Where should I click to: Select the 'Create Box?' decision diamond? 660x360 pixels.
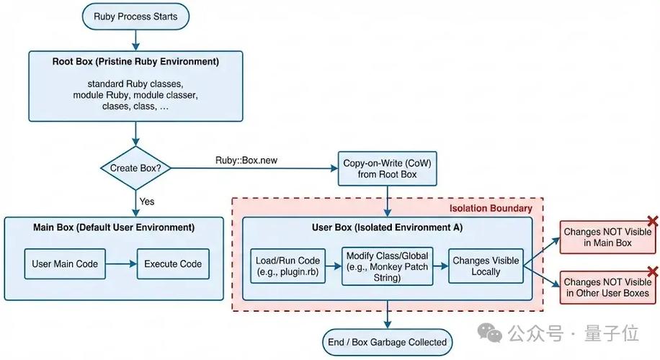pos(135,168)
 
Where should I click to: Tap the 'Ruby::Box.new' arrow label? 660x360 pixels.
pos(246,160)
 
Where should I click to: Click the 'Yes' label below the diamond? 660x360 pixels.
pos(146,202)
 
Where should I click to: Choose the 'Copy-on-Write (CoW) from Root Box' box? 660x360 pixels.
pos(387,168)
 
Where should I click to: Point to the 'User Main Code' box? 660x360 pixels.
pos(64,264)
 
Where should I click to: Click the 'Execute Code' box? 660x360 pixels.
pos(173,264)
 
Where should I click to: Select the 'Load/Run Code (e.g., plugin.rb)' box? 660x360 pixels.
pos(288,266)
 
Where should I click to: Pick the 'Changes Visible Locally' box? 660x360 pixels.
pos(485,266)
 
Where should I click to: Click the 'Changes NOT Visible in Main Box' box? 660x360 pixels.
pos(607,238)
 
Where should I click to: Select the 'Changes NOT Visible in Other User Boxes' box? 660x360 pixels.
pos(607,287)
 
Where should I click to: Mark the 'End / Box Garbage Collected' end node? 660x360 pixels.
pos(387,342)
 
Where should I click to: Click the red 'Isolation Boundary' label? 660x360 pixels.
pos(491,208)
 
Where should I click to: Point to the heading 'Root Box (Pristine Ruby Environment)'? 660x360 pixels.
pos(135,62)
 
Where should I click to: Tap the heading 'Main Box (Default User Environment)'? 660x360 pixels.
pos(114,228)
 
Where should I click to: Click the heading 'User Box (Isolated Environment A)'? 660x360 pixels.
pos(387,228)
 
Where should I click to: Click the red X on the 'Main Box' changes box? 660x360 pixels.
pos(653,220)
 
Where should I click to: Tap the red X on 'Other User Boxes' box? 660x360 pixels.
pos(653,271)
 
